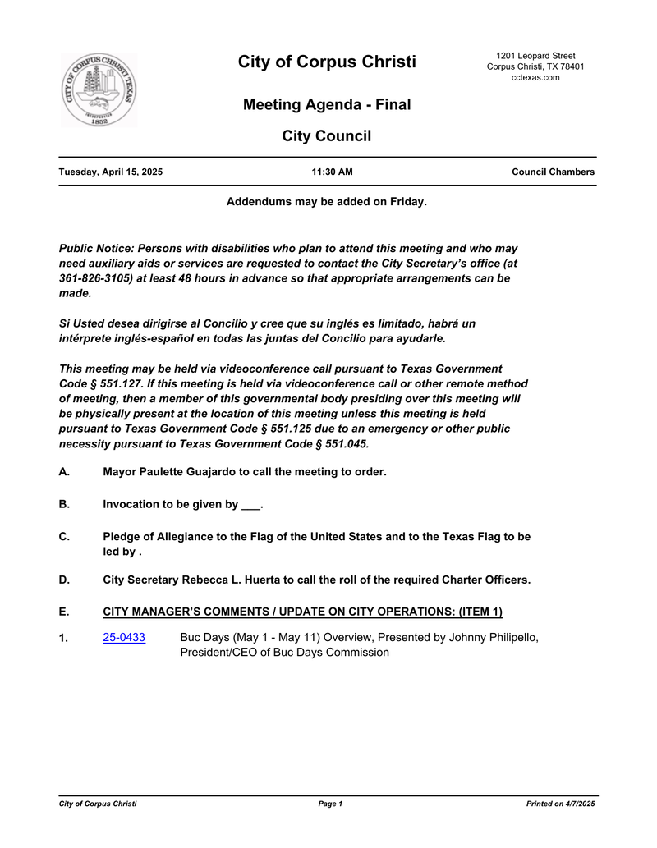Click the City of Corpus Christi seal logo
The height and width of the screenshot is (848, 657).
(x=99, y=90)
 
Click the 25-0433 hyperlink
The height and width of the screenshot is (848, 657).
(x=124, y=638)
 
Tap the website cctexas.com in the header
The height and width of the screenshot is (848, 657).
(x=535, y=77)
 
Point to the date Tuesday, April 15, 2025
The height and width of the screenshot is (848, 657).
(x=110, y=172)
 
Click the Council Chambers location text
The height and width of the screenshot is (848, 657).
(x=553, y=172)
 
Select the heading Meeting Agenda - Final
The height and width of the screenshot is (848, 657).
(x=327, y=105)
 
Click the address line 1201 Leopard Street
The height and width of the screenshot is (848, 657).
(x=535, y=56)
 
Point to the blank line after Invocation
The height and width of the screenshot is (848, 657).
(x=250, y=505)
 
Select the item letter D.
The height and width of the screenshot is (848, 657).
(x=64, y=580)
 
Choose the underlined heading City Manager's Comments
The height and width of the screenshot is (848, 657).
(x=302, y=612)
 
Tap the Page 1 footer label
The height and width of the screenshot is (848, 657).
(x=330, y=804)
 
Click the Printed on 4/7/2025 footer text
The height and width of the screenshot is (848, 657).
(x=560, y=804)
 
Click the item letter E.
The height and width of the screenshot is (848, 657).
(x=64, y=612)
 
